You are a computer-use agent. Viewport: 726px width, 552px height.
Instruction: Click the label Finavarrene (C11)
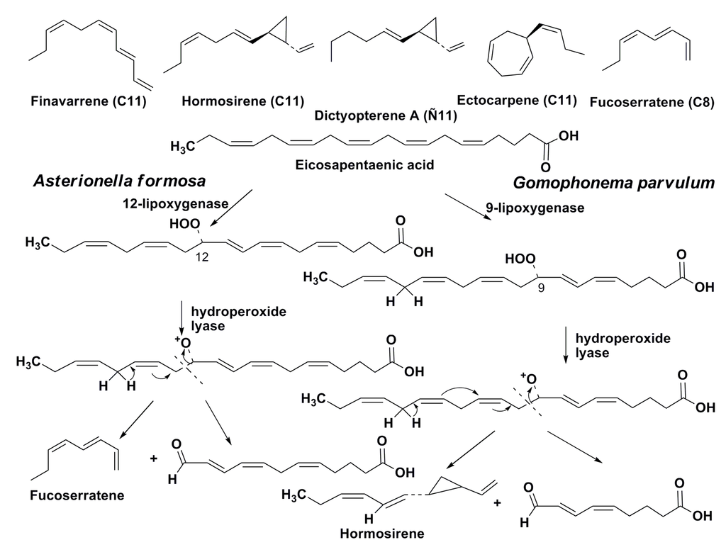pos(89,101)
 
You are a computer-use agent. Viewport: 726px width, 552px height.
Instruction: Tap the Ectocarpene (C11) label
pos(527,100)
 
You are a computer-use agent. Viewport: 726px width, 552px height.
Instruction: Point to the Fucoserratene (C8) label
pos(652,102)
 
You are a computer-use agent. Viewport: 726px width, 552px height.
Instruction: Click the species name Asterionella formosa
pos(119,181)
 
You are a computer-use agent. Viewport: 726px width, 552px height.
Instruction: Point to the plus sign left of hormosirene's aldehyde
pos(497,503)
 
